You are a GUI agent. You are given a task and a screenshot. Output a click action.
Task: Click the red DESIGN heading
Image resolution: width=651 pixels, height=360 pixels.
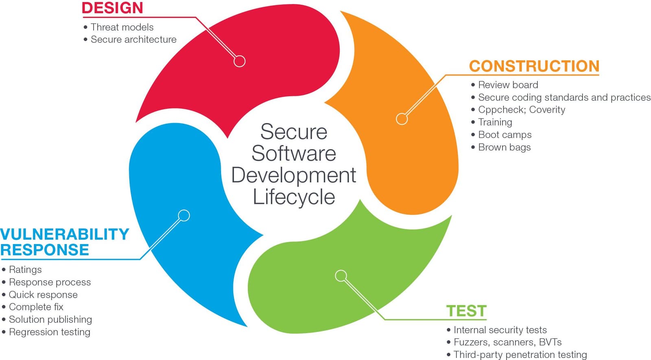pos(112,8)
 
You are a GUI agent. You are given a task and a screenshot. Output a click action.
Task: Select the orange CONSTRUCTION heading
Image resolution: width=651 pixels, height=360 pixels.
pos(534,66)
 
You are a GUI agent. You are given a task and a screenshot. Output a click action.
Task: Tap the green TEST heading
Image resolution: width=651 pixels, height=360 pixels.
pos(466,311)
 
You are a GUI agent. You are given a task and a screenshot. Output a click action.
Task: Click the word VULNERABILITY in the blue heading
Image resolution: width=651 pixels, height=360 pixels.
pos(65,234)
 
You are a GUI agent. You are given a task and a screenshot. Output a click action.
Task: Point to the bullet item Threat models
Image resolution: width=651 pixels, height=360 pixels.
pos(122,27)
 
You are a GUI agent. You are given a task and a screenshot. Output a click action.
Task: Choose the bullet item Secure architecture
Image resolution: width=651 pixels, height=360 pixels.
pos(133,39)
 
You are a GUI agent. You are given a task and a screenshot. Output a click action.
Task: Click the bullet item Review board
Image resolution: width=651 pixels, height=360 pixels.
pos(508,85)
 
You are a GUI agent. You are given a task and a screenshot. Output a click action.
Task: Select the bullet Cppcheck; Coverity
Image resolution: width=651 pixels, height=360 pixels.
pos(521,110)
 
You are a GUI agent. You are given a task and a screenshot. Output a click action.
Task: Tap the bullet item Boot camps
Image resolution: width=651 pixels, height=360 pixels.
pos(505,135)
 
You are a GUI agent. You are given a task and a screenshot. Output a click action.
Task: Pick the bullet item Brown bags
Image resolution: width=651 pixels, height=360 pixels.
pos(504,147)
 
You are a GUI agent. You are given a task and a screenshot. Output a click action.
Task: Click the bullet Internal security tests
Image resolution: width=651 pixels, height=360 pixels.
pos(500,330)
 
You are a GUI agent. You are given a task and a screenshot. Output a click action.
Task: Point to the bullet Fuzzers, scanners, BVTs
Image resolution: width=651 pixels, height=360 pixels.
pos(507,342)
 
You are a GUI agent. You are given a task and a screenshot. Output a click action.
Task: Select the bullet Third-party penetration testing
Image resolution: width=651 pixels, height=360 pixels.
pos(520,355)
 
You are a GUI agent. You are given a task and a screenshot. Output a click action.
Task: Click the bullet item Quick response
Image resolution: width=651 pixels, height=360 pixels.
pos(43,295)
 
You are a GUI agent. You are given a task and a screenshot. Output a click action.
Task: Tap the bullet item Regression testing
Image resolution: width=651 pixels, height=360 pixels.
pos(49,332)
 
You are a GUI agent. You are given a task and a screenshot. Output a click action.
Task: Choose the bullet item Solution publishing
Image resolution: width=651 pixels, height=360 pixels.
pos(50,319)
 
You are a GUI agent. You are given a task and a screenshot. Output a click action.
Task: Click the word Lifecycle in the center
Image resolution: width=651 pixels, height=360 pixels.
pos(294,197)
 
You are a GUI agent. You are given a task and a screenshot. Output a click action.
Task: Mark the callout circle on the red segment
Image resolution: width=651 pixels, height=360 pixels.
pos(240,61)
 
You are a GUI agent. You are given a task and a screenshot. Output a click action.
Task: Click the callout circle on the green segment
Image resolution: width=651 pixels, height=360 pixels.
pos(341,276)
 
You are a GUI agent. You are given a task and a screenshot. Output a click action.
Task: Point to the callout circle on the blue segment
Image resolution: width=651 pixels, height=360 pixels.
pos(184,215)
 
